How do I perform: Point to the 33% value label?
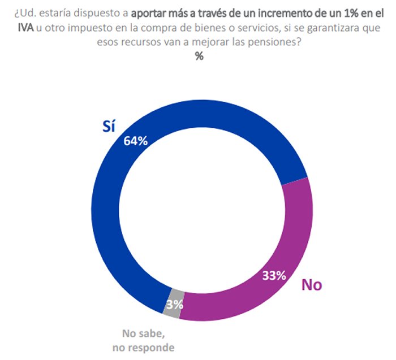pyautogui.click(x=274, y=276)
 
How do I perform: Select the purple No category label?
pyautogui.click(x=311, y=285)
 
